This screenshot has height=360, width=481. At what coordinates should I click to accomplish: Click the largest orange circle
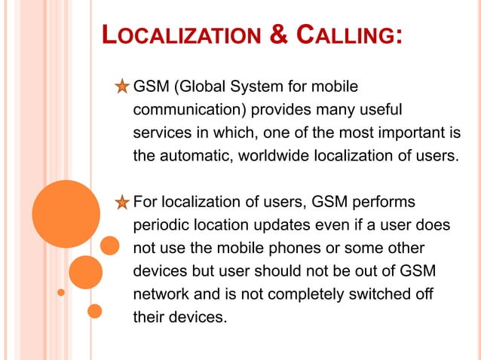[66, 214]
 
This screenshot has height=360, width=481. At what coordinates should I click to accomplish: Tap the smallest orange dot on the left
[62, 291]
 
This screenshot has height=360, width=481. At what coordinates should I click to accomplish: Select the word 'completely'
[296, 294]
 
